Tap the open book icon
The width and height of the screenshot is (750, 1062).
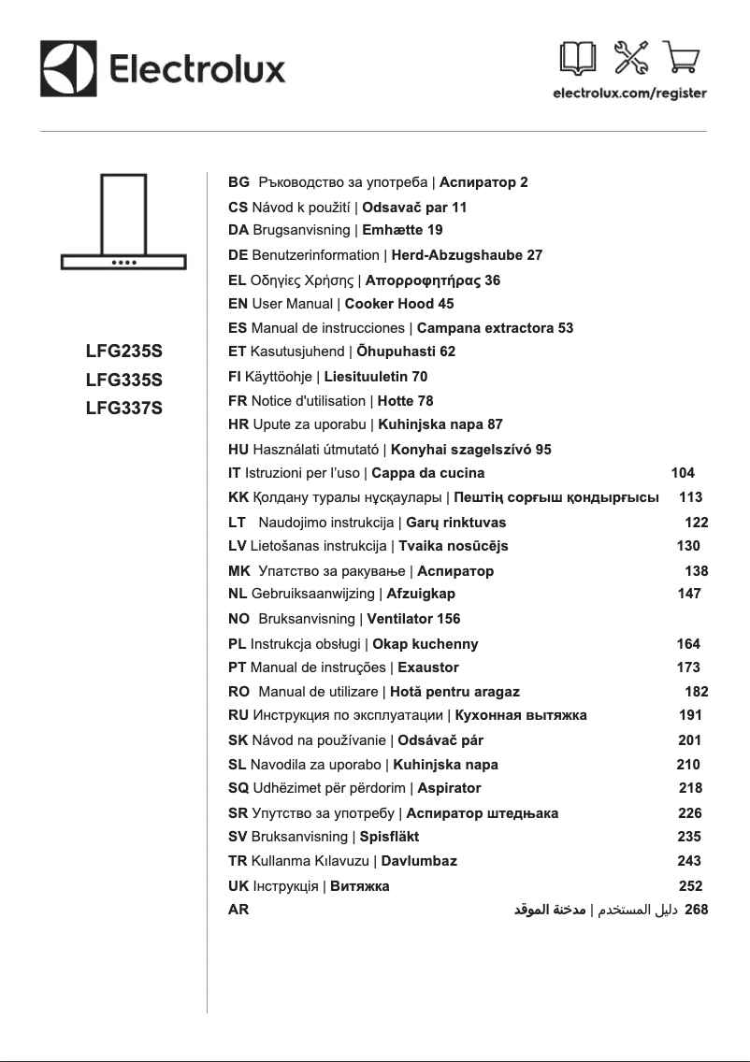[x=576, y=58]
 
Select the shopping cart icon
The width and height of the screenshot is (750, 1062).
[x=682, y=58]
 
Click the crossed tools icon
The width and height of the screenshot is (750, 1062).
[x=629, y=58]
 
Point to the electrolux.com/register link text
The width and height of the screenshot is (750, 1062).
[x=629, y=93]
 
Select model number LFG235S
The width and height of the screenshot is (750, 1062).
[x=123, y=352]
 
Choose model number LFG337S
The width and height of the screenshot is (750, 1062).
[x=123, y=408]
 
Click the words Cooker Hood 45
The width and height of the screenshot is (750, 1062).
[x=399, y=304]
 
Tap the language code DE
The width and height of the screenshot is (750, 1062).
[x=238, y=254]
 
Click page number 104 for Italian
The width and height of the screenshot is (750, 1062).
[x=683, y=473]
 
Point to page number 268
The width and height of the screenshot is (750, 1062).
[x=697, y=909]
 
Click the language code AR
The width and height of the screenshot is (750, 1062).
[x=238, y=909]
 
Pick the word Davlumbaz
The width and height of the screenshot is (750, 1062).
[x=419, y=861]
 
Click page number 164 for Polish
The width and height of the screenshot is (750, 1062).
[x=688, y=643]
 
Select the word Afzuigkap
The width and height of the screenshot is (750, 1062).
[x=421, y=594]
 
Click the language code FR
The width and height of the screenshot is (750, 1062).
[x=238, y=401]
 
